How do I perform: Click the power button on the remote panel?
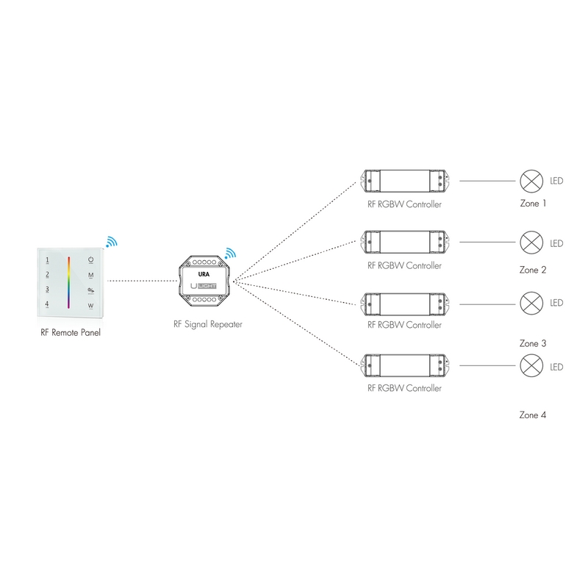[x=91, y=260]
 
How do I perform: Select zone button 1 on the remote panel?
[x=47, y=260]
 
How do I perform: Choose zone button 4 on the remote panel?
[x=47, y=304]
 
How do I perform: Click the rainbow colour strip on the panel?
[x=69, y=282]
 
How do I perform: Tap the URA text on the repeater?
[x=204, y=272]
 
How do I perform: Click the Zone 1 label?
[x=533, y=204]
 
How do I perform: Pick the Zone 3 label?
[x=533, y=343]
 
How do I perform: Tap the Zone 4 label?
[x=533, y=415]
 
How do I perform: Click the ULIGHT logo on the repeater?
[x=205, y=285]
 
